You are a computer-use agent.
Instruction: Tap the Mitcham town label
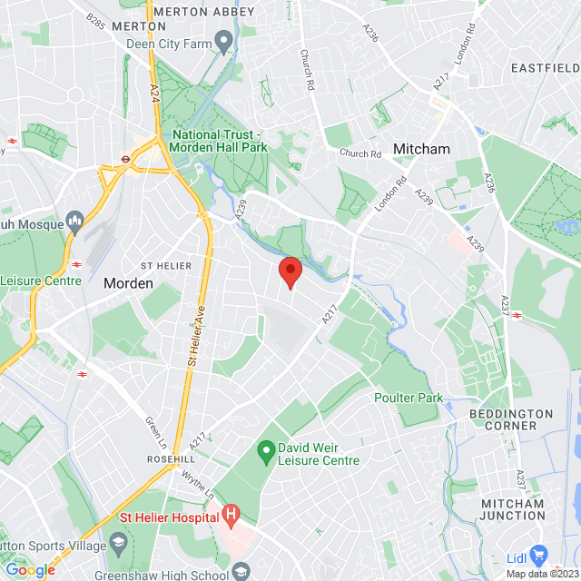(x=420, y=148)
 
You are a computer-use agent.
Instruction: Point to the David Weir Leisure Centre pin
(x=266, y=449)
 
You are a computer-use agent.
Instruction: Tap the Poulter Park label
(x=407, y=398)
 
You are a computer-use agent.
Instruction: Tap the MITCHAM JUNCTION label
(x=513, y=509)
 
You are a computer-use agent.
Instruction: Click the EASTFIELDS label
(x=545, y=68)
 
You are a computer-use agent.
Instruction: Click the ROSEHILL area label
(x=172, y=460)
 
